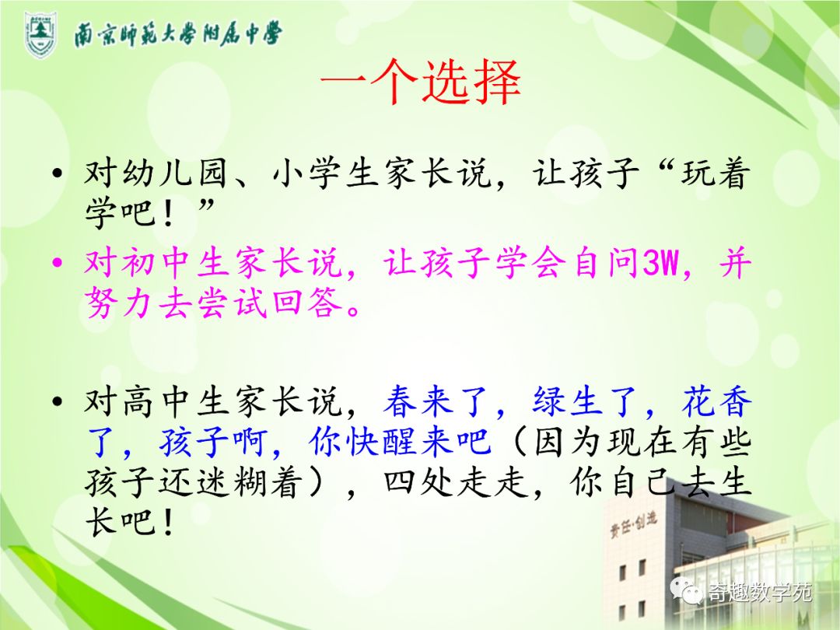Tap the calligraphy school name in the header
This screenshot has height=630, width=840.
pos(177,34)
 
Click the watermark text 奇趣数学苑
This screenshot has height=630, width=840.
pos(758,593)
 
